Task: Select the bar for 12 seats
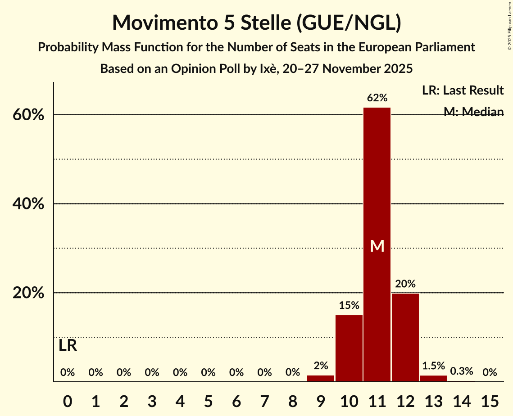(405, 337)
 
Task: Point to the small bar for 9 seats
(321, 378)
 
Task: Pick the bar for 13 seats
(433, 378)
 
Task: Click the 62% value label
(377, 98)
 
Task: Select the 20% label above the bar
(405, 284)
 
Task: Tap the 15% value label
(349, 306)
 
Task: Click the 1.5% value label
(433, 366)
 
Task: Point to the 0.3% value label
(462, 371)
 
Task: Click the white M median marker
(377, 246)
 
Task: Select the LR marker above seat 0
(68, 346)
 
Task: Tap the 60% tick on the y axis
(28, 115)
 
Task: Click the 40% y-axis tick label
(28, 204)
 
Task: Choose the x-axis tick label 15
(490, 400)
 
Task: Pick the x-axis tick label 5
(208, 400)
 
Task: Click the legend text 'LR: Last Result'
(463, 90)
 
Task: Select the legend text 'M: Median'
(473, 111)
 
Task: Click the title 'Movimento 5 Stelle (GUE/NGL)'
(256, 23)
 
